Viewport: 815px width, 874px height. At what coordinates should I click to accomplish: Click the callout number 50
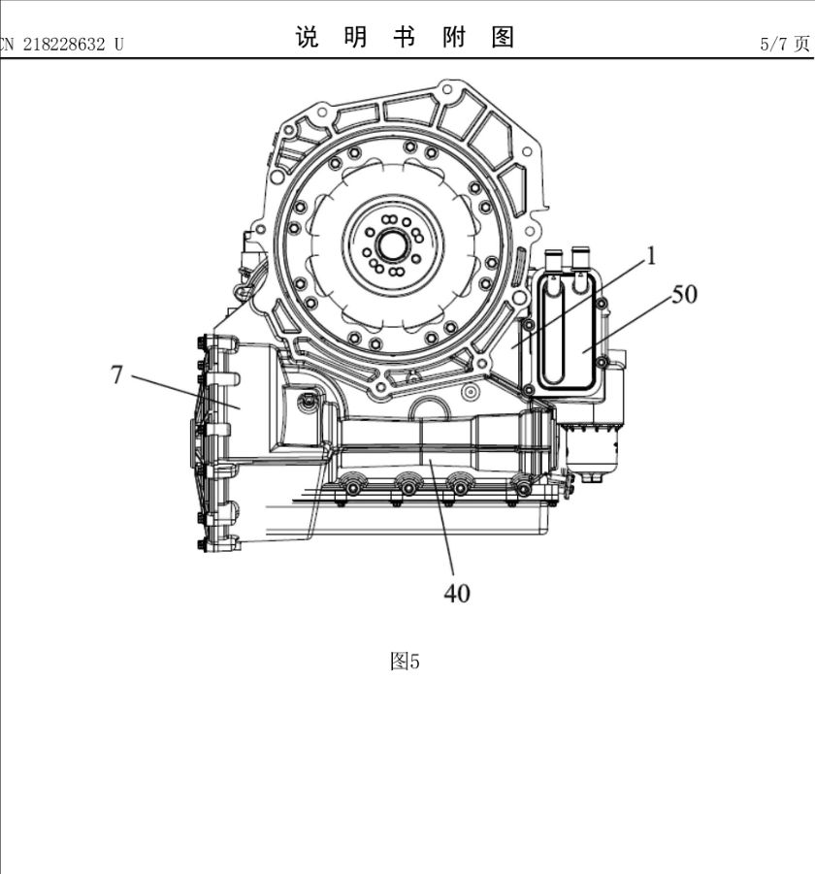click(684, 293)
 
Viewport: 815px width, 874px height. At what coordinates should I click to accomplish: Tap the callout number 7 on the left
click(116, 373)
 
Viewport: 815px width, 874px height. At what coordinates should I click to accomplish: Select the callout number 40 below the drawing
click(456, 593)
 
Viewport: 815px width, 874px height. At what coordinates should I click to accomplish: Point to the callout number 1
click(652, 255)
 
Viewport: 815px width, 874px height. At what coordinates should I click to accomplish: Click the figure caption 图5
click(404, 662)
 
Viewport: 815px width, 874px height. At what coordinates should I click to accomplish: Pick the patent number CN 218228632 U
click(62, 44)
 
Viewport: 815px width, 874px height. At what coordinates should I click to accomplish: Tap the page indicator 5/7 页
click(785, 44)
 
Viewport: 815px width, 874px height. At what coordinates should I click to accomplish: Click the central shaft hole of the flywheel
click(392, 245)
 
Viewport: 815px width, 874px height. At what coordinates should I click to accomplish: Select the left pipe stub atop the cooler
click(553, 259)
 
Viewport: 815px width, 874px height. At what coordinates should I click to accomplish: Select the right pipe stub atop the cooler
click(582, 257)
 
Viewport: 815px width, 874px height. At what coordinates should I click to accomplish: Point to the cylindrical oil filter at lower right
click(592, 448)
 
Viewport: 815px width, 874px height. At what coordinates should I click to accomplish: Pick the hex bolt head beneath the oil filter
click(593, 476)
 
